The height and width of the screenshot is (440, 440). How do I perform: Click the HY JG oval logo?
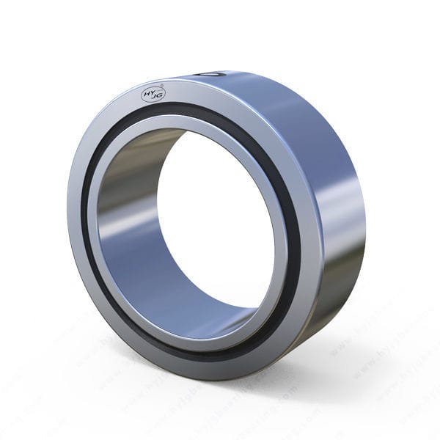pyautogui.click(x=153, y=93)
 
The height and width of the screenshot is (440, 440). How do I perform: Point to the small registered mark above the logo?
pyautogui.click(x=163, y=86)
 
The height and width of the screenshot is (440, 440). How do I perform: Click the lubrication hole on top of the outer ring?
pyautogui.click(x=211, y=74)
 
